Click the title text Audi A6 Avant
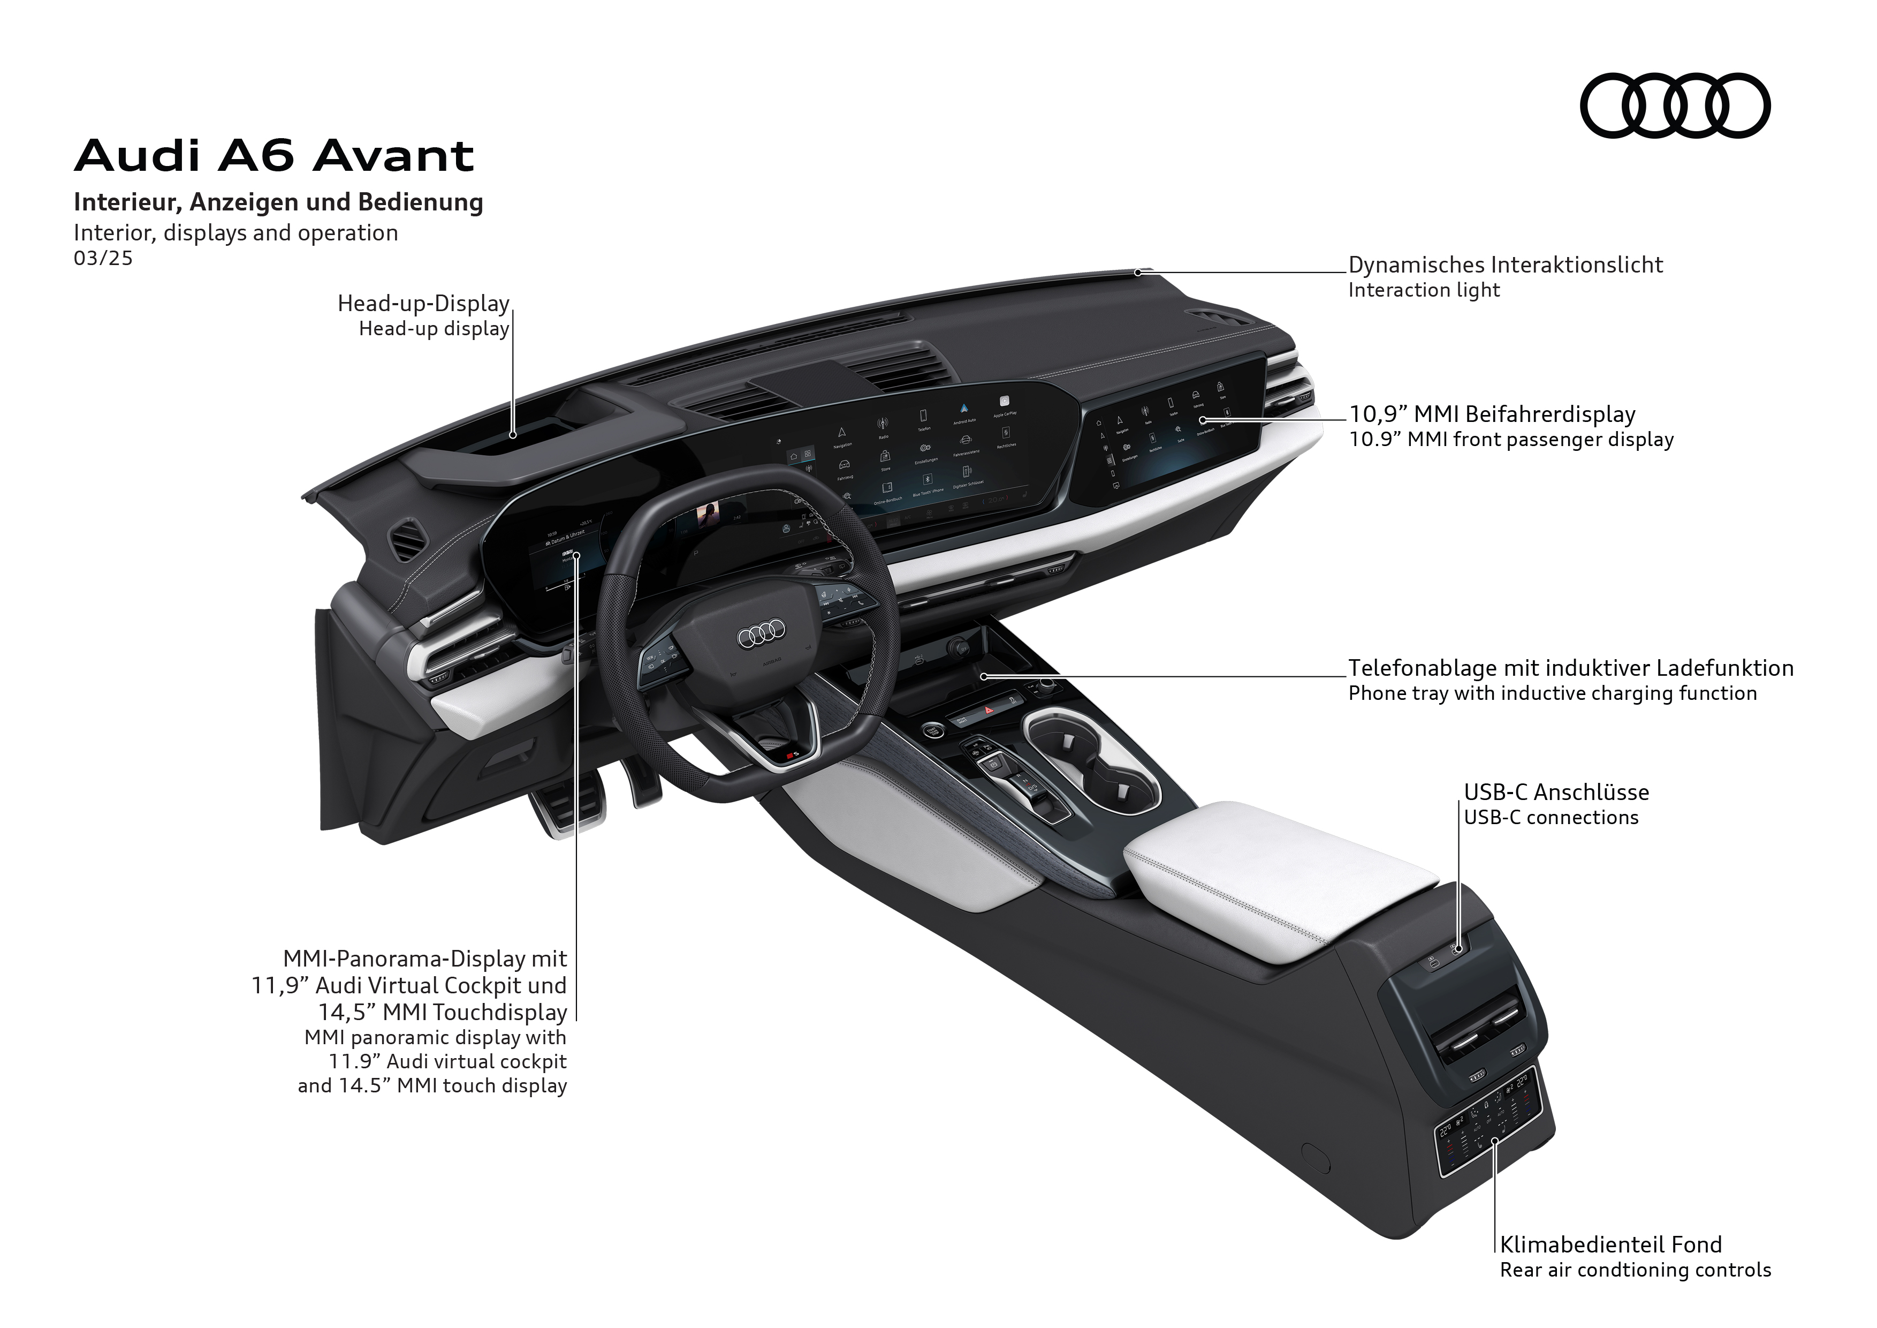[x=274, y=155]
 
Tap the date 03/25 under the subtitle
[x=103, y=259]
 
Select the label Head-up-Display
[x=423, y=304]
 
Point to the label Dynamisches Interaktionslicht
[x=1505, y=265]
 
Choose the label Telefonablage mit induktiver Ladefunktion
[x=1570, y=668]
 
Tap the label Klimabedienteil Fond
[x=1610, y=1244]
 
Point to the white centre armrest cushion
[x=1279, y=879]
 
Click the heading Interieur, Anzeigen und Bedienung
[x=278, y=202]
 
